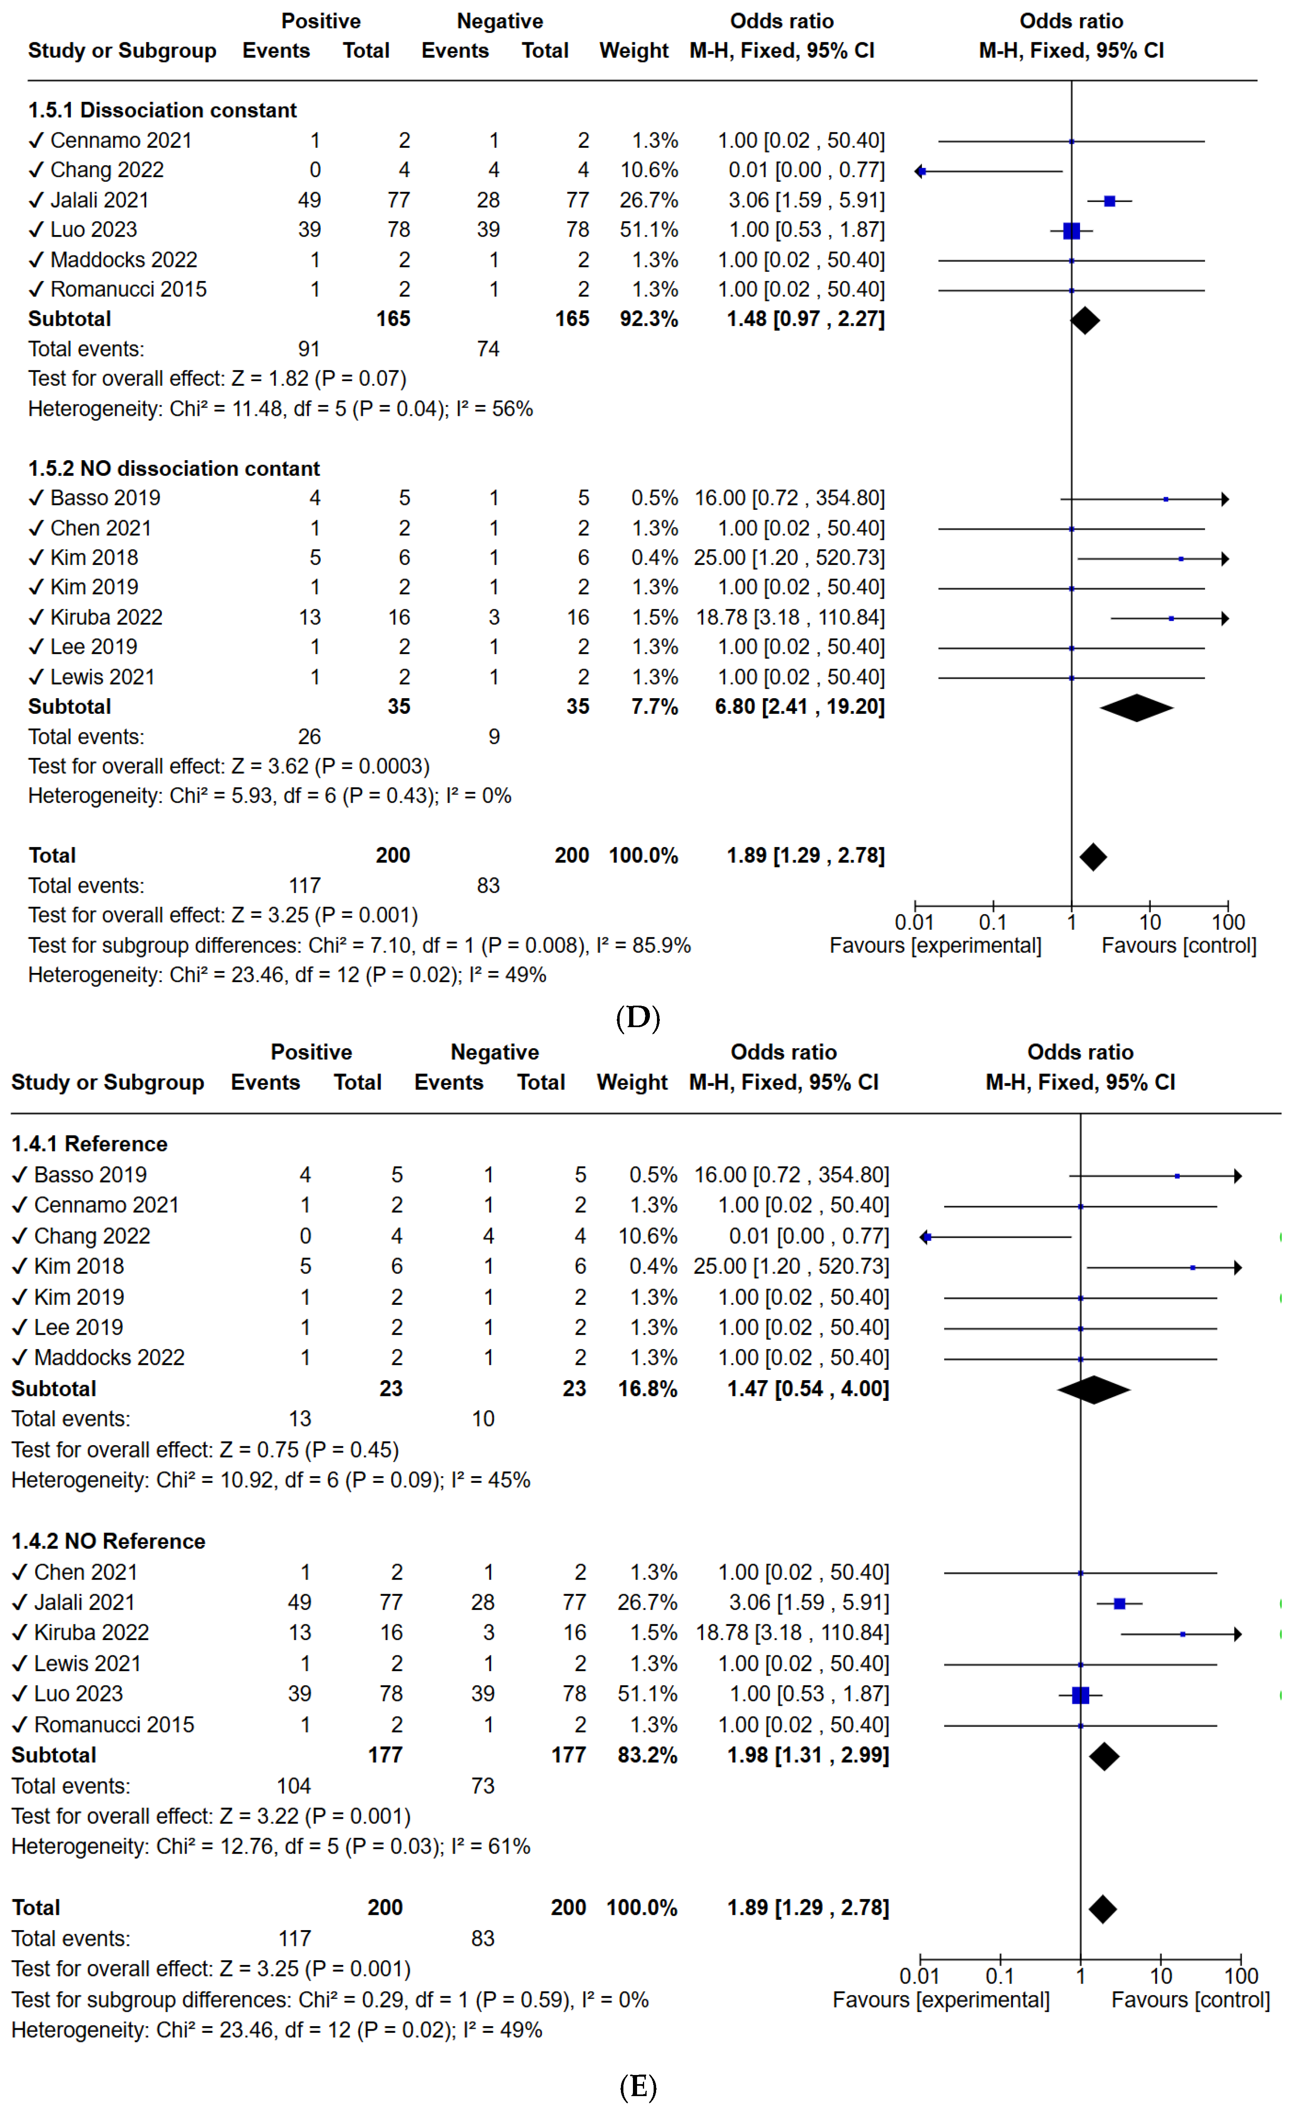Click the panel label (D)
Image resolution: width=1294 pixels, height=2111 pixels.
coord(637,1018)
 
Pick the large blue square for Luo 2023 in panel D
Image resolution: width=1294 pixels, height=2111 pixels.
coord(1071,231)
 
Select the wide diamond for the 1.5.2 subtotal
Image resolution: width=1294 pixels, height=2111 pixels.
coord(1136,708)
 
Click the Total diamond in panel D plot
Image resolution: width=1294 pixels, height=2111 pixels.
coord(1093,857)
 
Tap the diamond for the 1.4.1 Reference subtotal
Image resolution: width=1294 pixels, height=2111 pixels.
coord(1094,1390)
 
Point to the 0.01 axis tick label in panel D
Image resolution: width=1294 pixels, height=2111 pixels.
coord(914,923)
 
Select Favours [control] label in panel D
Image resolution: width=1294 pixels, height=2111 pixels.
coord(1179,946)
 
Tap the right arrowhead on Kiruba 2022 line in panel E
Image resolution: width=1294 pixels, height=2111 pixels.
coord(1237,1634)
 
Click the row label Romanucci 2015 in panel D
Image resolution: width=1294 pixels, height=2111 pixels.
coord(129,290)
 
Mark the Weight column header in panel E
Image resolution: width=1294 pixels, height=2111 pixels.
coord(632,1083)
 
